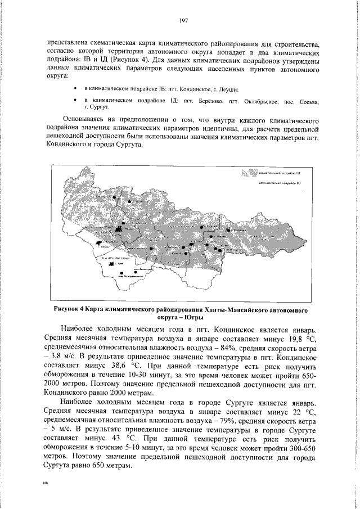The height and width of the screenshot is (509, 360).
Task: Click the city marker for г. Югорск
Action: point(100,243)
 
